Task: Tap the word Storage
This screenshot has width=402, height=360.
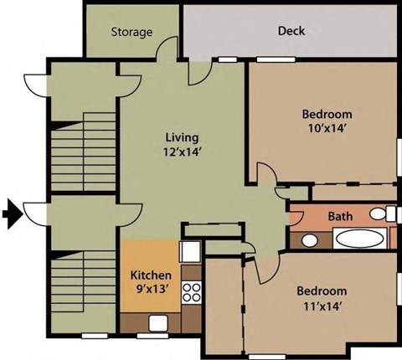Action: (131, 33)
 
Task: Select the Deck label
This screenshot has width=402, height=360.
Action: (291, 32)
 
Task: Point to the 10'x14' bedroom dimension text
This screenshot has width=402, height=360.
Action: (326, 129)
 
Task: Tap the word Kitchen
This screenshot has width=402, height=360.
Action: (152, 275)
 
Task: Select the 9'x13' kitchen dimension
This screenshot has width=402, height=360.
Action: (152, 290)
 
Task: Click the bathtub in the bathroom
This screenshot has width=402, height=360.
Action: (359, 239)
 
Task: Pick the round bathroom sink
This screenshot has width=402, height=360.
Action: (309, 241)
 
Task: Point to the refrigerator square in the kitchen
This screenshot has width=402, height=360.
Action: (189, 251)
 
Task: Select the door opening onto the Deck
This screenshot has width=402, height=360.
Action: (199, 73)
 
